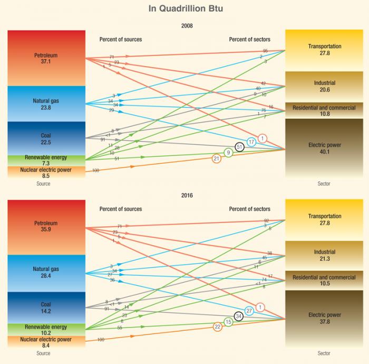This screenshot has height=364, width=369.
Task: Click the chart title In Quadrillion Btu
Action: pyautogui.click(x=184, y=9)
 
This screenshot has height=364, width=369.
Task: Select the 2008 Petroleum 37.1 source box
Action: pyautogui.click(x=46, y=58)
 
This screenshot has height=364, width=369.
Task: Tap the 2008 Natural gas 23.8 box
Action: pyautogui.click(x=46, y=104)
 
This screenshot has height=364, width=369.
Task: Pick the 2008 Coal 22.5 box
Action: pyautogui.click(x=46, y=138)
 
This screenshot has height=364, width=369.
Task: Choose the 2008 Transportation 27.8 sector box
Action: pyautogui.click(x=324, y=50)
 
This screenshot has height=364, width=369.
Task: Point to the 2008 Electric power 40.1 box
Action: pyautogui.click(x=324, y=148)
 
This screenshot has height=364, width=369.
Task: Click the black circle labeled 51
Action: pyautogui.click(x=240, y=147)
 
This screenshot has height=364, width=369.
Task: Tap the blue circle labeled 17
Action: pyautogui.click(x=251, y=142)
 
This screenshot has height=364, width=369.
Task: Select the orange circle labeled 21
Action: pyautogui.click(x=216, y=158)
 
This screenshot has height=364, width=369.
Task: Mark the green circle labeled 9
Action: pyautogui.click(x=228, y=153)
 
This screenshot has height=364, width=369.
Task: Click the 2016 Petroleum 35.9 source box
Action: pyautogui.click(x=46, y=227)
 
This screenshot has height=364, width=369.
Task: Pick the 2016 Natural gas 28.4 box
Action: pyautogui.click(x=46, y=273)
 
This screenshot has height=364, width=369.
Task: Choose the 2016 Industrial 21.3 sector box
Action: pyautogui.click(x=324, y=255)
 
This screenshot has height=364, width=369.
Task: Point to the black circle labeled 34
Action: pyautogui.click(x=239, y=316)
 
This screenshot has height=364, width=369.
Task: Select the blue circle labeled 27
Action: pyautogui.click(x=250, y=311)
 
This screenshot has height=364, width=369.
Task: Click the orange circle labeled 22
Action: pyautogui.click(x=217, y=327)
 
